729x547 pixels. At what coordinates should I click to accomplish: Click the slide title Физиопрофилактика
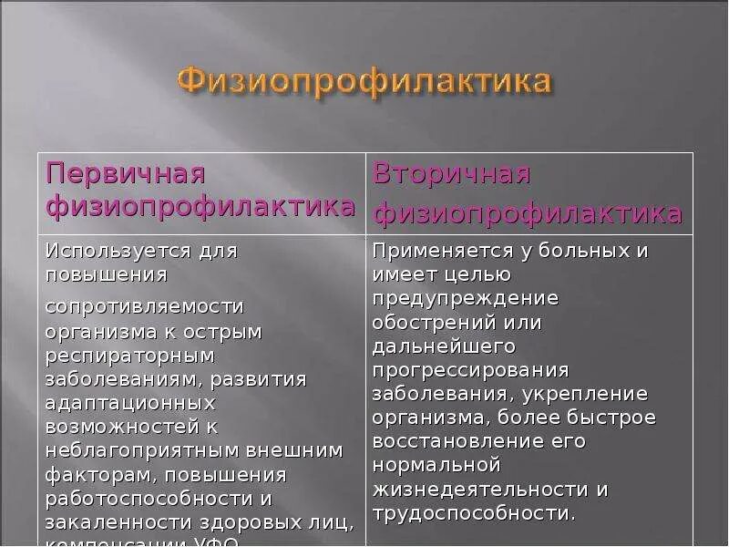click(364, 80)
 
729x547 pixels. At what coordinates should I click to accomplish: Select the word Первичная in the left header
click(126, 173)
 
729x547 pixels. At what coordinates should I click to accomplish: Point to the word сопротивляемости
click(145, 306)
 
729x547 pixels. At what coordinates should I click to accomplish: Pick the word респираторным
click(129, 354)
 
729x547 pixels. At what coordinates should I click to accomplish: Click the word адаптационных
click(130, 402)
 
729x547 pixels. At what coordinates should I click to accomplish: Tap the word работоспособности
click(151, 497)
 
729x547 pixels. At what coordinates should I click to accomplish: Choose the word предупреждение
click(466, 298)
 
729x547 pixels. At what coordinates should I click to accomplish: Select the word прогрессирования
click(470, 369)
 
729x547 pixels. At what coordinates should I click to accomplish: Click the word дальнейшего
click(444, 346)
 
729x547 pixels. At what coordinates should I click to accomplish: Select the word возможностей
click(119, 426)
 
